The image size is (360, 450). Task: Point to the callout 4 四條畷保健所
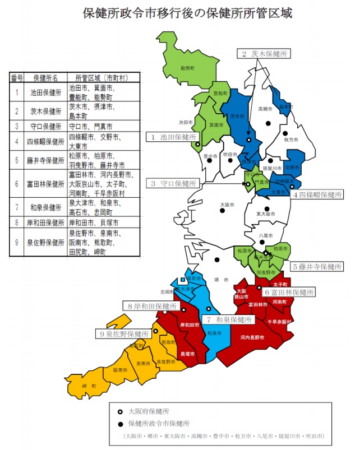click(317, 194)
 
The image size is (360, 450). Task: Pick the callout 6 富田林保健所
click(289, 292)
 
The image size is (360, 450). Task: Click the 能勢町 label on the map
click(187, 68)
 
